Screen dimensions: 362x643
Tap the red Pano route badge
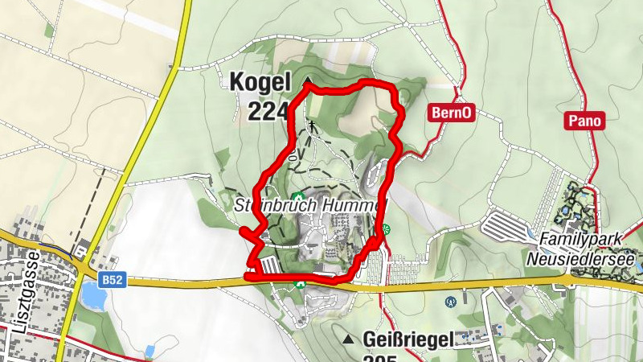pyautogui.click(x=584, y=120)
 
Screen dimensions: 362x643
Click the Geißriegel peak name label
pyautogui.click(x=408, y=339)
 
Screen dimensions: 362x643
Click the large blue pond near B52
pyautogui.click(x=92, y=298)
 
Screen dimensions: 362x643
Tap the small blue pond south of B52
pyautogui.click(x=149, y=351)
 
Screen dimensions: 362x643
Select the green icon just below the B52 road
pyautogui.click(x=301, y=284)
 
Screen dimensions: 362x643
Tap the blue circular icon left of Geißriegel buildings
pyautogui.click(x=450, y=302)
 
